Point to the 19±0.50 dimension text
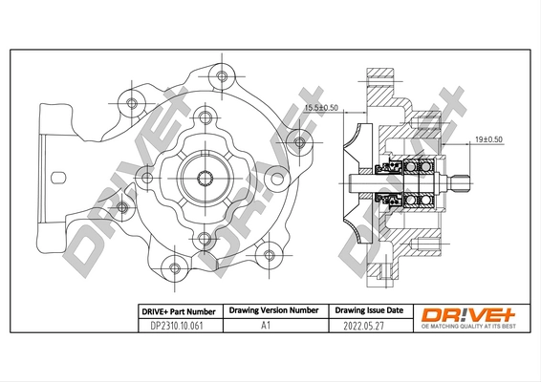[x=488, y=139]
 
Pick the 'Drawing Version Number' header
[x=272, y=311]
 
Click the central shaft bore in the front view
[x=206, y=177]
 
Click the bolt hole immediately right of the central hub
[x=277, y=174]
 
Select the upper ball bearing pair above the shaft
[x=417, y=167]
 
